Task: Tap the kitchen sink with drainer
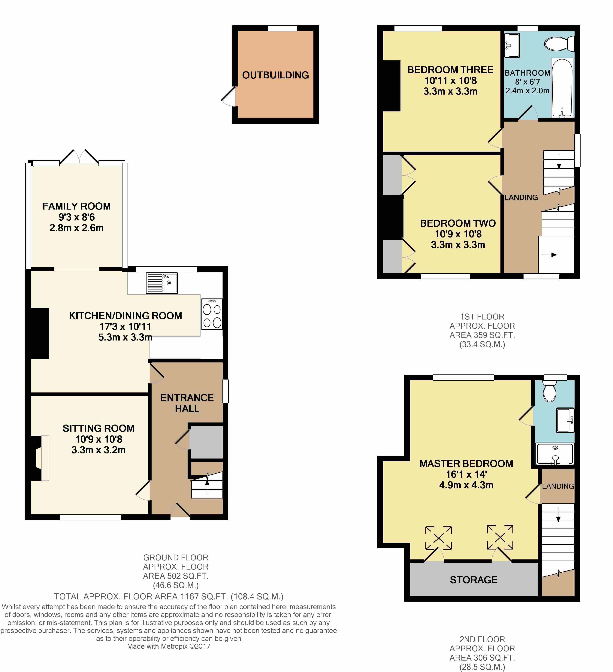point(162,283)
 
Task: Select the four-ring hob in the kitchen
point(212,314)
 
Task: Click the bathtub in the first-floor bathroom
point(562,88)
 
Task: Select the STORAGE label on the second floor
point(474,580)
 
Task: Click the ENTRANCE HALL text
point(187,403)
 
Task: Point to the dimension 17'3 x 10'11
point(125,326)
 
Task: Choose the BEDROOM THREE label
point(450,70)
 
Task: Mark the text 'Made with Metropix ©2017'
point(169,646)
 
